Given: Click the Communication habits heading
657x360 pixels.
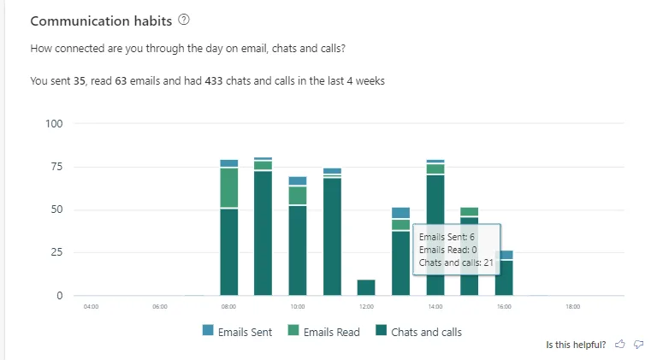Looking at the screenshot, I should pos(101,21).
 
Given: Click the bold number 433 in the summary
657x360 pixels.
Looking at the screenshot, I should pos(214,81).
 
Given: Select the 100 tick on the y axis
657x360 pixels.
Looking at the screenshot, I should pos(55,124).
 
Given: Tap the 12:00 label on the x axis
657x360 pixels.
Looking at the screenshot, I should pos(366,306).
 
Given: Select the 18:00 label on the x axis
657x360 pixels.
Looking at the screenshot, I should pos(572,306).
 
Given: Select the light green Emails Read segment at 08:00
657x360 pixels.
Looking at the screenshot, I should pos(229,187).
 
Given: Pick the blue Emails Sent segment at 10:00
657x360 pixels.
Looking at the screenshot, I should pos(298,180).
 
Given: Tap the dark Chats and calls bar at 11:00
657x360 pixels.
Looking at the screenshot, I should pos(332,236).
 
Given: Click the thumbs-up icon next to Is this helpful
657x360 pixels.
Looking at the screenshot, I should pos(619,345).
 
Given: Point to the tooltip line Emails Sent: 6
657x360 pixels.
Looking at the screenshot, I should pos(447,236).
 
